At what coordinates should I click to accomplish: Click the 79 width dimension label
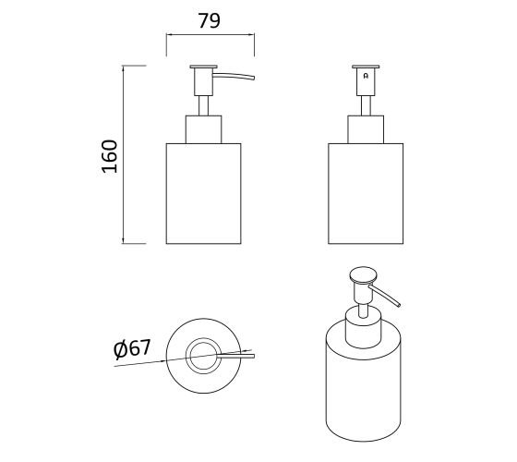tap(209, 20)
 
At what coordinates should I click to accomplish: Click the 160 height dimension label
tap(110, 156)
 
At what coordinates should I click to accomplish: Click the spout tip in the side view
tap(254, 79)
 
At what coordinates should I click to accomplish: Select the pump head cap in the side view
tap(203, 67)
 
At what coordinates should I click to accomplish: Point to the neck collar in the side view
tap(203, 129)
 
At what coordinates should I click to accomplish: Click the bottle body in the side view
tap(203, 194)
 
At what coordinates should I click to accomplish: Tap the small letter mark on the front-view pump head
tap(366, 76)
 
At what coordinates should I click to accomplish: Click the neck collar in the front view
tap(366, 129)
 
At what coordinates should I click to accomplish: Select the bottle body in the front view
tap(366, 194)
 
